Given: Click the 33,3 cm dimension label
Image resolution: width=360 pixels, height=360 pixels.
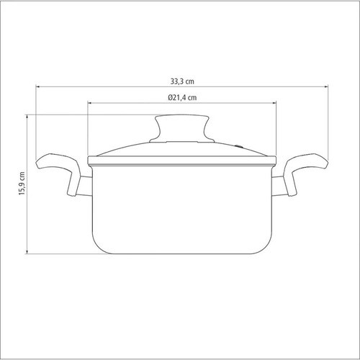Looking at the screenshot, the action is tap(182, 81).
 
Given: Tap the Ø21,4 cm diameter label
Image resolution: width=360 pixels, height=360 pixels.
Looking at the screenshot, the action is tap(182, 97).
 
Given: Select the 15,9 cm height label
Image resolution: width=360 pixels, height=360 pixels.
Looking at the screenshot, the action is tap(22, 184).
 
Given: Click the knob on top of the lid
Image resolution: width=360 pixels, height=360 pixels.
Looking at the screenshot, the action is tap(182, 128).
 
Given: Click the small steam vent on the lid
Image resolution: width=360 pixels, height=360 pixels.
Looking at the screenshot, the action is tap(239, 145).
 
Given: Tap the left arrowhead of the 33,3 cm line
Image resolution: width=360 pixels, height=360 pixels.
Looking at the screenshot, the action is tap(38, 86).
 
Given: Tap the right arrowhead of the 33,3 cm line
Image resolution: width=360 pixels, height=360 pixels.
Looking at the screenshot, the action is tap(326, 86).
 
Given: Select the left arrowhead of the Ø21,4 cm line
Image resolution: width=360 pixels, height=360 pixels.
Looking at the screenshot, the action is tap(90, 103).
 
